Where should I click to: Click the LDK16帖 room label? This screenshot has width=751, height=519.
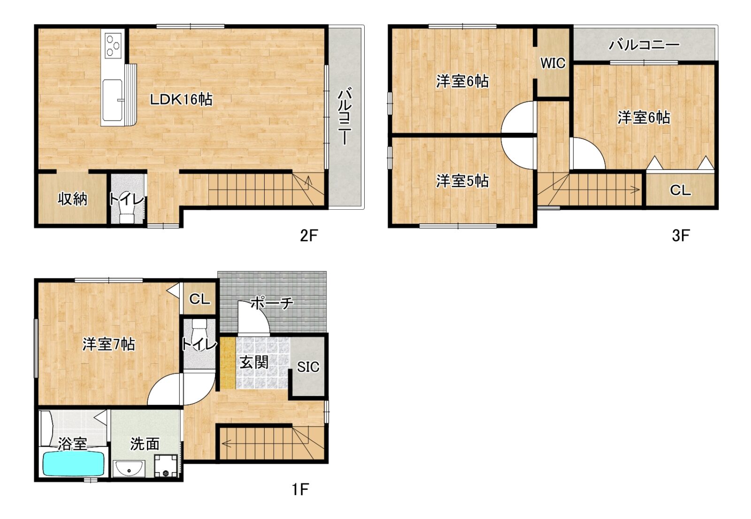pyautogui.click(x=181, y=99)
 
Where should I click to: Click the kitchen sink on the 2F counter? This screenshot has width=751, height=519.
pyautogui.click(x=113, y=100)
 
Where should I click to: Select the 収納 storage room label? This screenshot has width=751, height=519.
pyautogui.click(x=72, y=199)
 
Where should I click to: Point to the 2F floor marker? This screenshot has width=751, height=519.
pyautogui.click(x=308, y=236)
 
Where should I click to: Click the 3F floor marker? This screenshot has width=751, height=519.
pyautogui.click(x=681, y=236)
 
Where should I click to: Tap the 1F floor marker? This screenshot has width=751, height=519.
pyautogui.click(x=300, y=490)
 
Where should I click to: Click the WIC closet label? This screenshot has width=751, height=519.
pyautogui.click(x=553, y=63)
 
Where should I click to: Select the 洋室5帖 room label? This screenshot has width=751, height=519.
pyautogui.click(x=462, y=181)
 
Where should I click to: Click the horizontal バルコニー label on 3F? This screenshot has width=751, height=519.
pyautogui.click(x=644, y=45)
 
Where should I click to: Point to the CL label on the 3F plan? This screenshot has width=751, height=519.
pyautogui.click(x=680, y=191)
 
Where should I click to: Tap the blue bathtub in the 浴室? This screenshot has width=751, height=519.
pyautogui.click(x=73, y=464)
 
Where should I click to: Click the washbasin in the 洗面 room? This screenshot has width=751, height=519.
pyautogui.click(x=129, y=468)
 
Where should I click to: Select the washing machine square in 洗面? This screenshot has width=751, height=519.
pyautogui.click(x=166, y=466)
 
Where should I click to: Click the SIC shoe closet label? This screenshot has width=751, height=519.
pyautogui.click(x=308, y=367)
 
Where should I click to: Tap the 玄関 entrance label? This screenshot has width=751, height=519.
pyautogui.click(x=254, y=362)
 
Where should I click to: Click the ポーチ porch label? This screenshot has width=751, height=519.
pyautogui.click(x=272, y=303)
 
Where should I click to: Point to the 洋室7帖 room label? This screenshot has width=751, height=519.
pyautogui.click(x=109, y=344)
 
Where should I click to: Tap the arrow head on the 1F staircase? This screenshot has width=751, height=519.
pyautogui.click(x=225, y=443)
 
